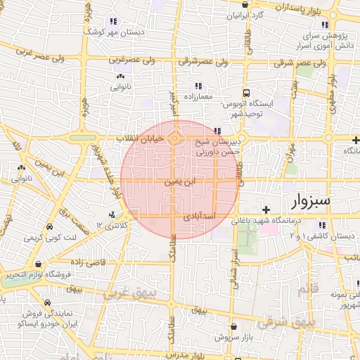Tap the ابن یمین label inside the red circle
[181, 181]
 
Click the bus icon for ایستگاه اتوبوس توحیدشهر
[246, 93]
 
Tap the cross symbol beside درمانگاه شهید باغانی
[266, 210]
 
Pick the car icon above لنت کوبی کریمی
[49, 228]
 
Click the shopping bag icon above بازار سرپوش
[233, 327]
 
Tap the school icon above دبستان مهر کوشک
[115, 21]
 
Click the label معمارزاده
[198, 96]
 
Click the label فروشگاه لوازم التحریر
[60, 274]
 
